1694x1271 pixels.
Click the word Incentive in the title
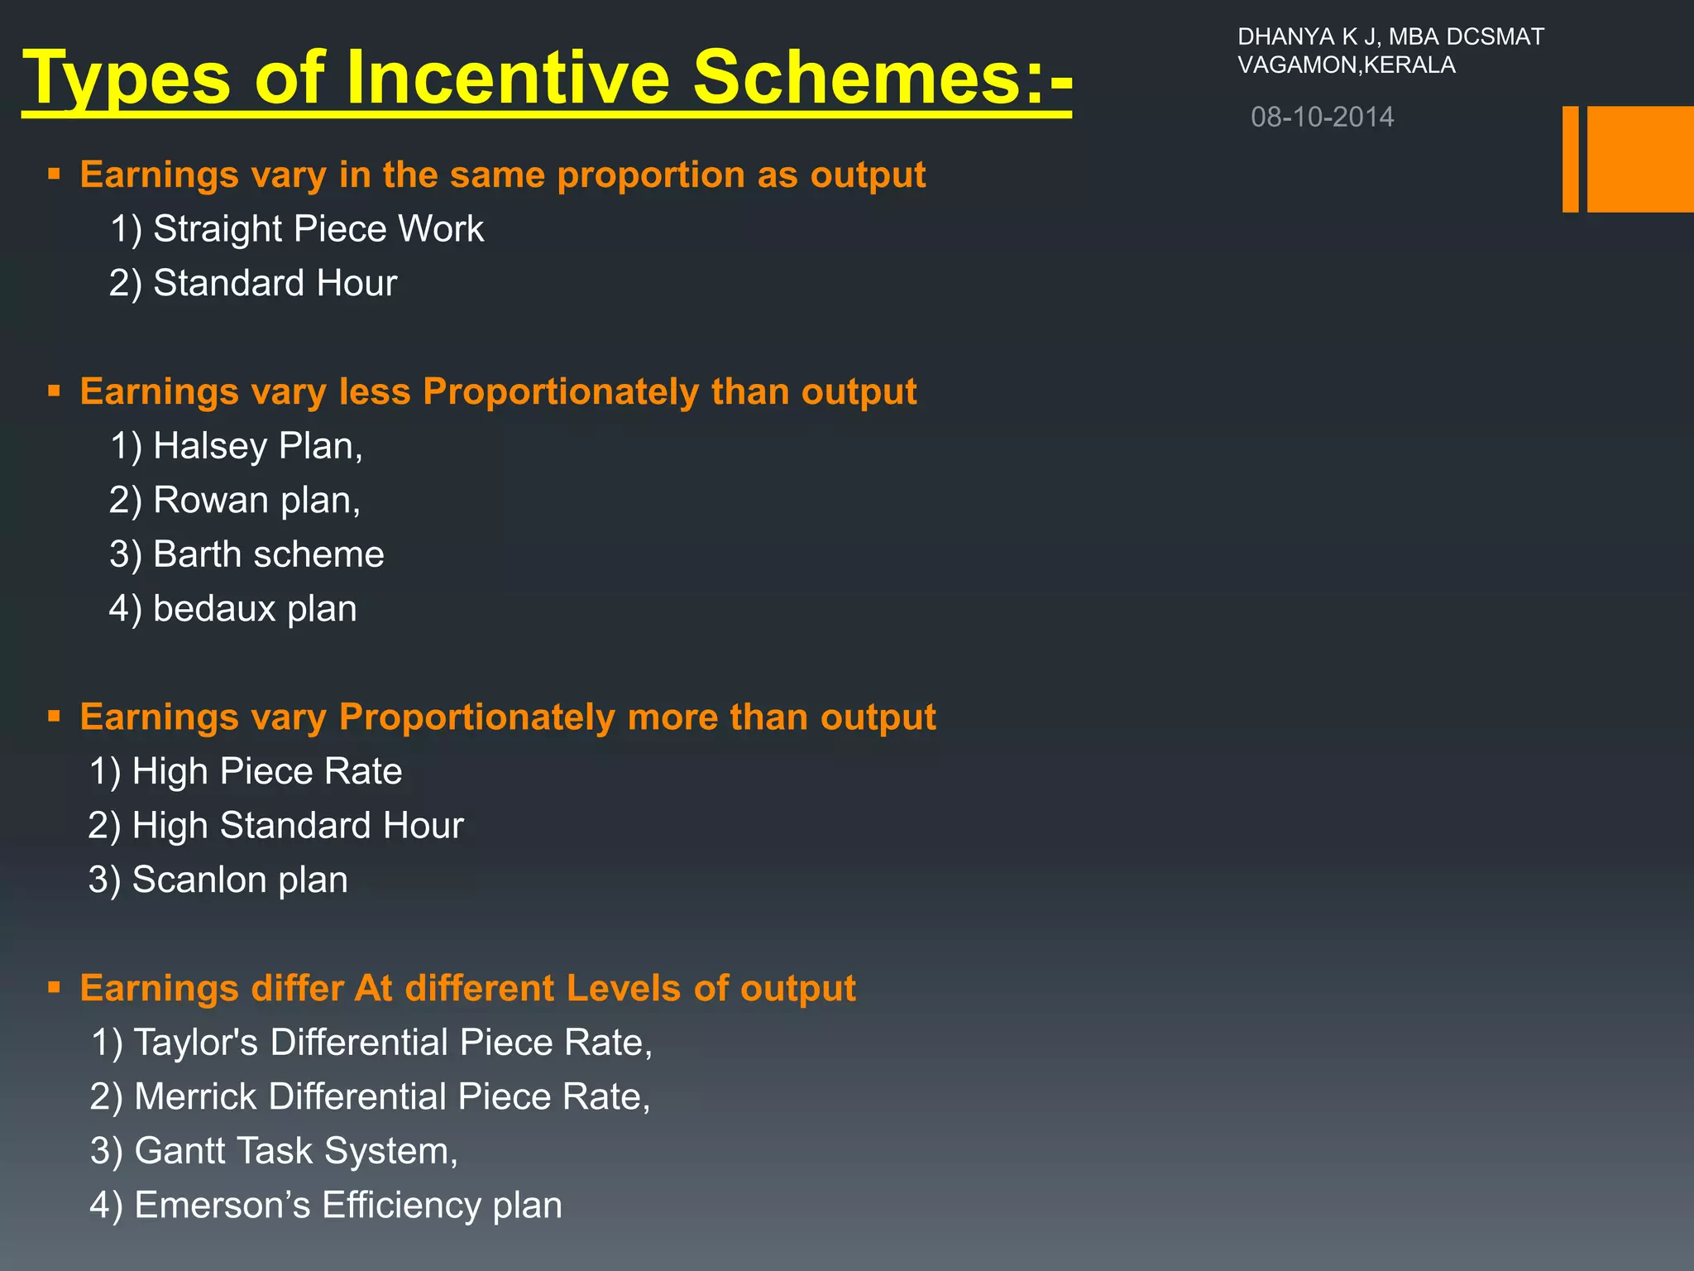(507, 78)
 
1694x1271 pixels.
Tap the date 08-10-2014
(1322, 118)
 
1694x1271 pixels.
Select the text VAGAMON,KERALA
(1346, 65)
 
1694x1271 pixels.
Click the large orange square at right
(1640, 159)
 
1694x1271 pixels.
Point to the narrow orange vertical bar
(1570, 159)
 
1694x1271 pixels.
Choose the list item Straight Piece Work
(297, 229)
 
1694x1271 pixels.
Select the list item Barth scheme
(246, 554)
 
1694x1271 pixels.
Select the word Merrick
(195, 1097)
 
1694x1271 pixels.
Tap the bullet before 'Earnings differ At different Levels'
(55, 987)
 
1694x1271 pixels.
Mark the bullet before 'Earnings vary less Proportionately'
(55, 391)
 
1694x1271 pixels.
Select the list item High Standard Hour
(275, 826)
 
